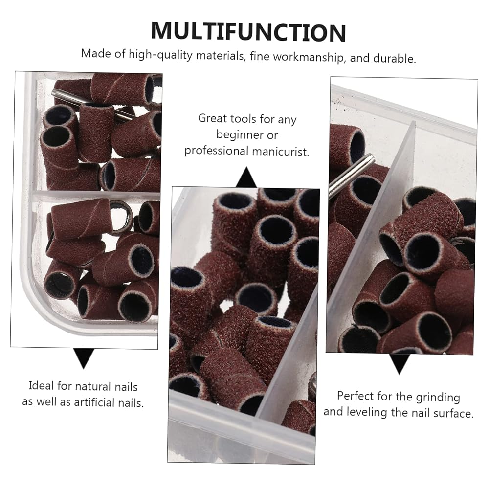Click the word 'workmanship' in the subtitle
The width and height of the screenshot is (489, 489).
point(309,57)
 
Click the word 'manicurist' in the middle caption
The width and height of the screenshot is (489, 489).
point(280,152)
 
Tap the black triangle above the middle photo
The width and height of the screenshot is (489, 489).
point(246,177)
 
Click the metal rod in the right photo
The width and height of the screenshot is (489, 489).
point(351,177)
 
